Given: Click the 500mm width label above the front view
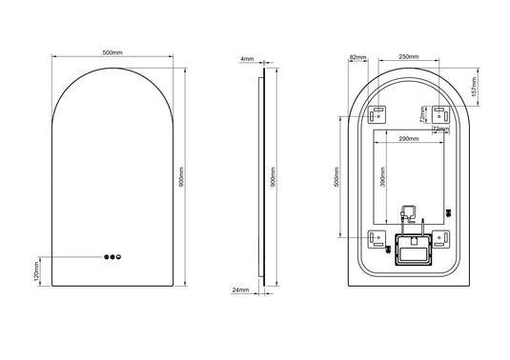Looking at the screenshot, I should click(x=112, y=53).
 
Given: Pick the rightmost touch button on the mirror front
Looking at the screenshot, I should click(x=120, y=256).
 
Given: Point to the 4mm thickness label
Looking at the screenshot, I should click(x=247, y=59).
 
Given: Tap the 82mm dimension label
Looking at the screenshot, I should click(x=357, y=58).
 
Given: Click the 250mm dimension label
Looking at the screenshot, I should click(x=408, y=57).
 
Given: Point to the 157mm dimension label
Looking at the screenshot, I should click(x=484, y=85).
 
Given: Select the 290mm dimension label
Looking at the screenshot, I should click(x=409, y=139).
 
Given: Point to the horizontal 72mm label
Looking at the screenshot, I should click(x=439, y=128).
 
